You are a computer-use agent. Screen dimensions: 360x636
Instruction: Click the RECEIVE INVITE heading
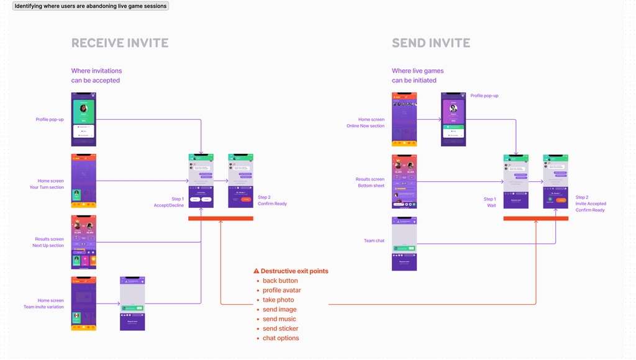point(120,43)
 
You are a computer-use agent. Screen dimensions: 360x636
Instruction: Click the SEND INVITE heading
point(430,43)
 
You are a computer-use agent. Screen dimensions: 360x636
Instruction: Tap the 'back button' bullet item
point(280,281)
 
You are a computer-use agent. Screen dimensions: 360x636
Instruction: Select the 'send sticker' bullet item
point(280,328)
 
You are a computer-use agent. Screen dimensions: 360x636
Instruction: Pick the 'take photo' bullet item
point(278,300)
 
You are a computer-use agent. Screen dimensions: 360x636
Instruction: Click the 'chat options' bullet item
point(281,338)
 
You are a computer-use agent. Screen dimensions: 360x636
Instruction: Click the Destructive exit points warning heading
point(291,271)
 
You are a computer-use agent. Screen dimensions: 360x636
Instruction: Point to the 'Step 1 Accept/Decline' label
point(169,202)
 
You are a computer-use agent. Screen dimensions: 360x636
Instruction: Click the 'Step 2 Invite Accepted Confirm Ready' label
point(591,204)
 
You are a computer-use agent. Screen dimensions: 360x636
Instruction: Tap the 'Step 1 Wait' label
point(490,202)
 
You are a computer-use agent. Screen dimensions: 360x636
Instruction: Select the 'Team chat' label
point(374,241)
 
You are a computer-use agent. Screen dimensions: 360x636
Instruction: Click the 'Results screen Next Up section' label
point(49,242)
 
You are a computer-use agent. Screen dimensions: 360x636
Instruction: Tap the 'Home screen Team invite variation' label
point(43,304)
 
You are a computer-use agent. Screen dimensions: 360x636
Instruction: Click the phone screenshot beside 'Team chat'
point(404,243)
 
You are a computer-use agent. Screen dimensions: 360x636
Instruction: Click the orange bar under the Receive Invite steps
point(220,218)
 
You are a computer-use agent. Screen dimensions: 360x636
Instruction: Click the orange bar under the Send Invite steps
point(535,218)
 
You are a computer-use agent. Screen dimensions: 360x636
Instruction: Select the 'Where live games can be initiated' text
point(417,76)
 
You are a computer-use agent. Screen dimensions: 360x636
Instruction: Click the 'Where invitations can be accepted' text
point(96,76)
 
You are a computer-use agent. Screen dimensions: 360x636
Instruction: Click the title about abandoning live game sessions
point(91,6)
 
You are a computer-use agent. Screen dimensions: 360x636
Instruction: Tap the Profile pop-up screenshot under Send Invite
point(453,119)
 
